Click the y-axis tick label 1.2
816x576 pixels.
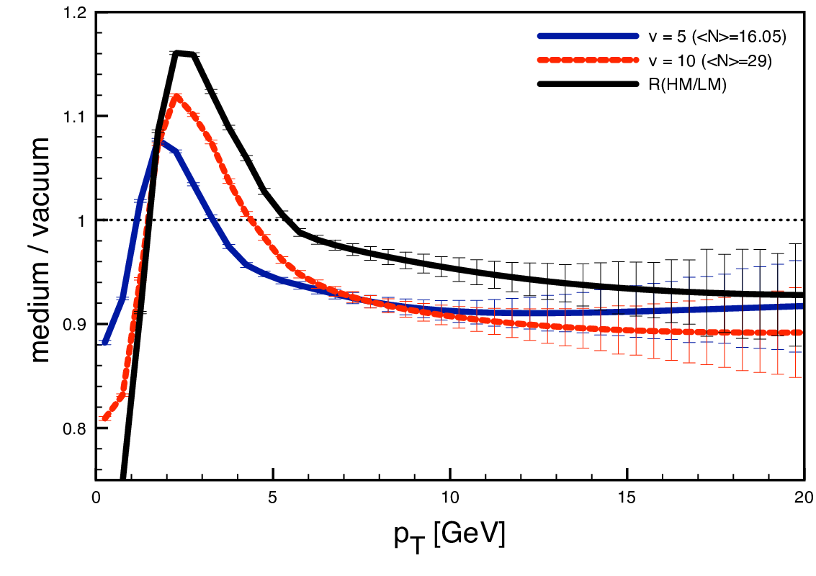pyautogui.click(x=73, y=12)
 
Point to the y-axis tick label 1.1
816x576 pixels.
pyautogui.click(x=73, y=116)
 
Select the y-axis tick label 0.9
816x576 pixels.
pyautogui.click(x=73, y=324)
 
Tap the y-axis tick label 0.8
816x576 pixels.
pyautogui.click(x=73, y=428)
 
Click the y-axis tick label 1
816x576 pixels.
pyautogui.click(x=81, y=220)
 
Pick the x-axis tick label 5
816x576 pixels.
pyautogui.click(x=272, y=498)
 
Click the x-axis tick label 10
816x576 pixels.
pyautogui.click(x=450, y=498)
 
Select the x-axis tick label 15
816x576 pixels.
pyautogui.click(x=627, y=498)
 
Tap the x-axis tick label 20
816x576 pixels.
pyautogui.click(x=804, y=498)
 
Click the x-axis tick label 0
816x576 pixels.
pyautogui.click(x=96, y=498)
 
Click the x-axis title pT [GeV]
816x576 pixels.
pyautogui.click(x=449, y=536)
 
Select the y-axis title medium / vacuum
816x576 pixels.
pyautogui.click(x=40, y=250)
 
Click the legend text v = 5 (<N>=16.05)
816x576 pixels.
pyautogui.click(x=717, y=37)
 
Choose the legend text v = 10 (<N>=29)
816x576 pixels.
pyautogui.click(x=710, y=61)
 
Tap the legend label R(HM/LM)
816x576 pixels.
pyautogui.click(x=687, y=84)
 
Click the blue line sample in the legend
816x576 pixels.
pyautogui.click(x=588, y=36)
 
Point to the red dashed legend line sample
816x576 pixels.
pyautogui.click(x=588, y=60)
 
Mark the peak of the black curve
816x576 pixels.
pyautogui.click(x=178, y=53)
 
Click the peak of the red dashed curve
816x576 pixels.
pyautogui.click(x=177, y=96)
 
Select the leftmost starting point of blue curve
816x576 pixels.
pyautogui.click(x=105, y=343)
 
